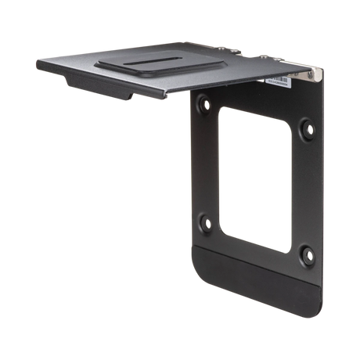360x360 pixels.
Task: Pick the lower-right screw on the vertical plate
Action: [306, 254]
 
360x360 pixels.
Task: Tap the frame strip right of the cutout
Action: [306, 188]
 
